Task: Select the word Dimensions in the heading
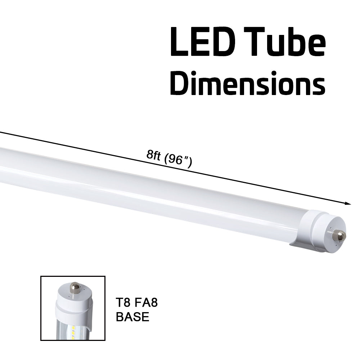[247, 84]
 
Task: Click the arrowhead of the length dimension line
[348, 203]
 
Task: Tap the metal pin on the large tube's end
[339, 235]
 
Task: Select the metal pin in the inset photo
[75, 287]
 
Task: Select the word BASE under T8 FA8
[132, 317]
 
